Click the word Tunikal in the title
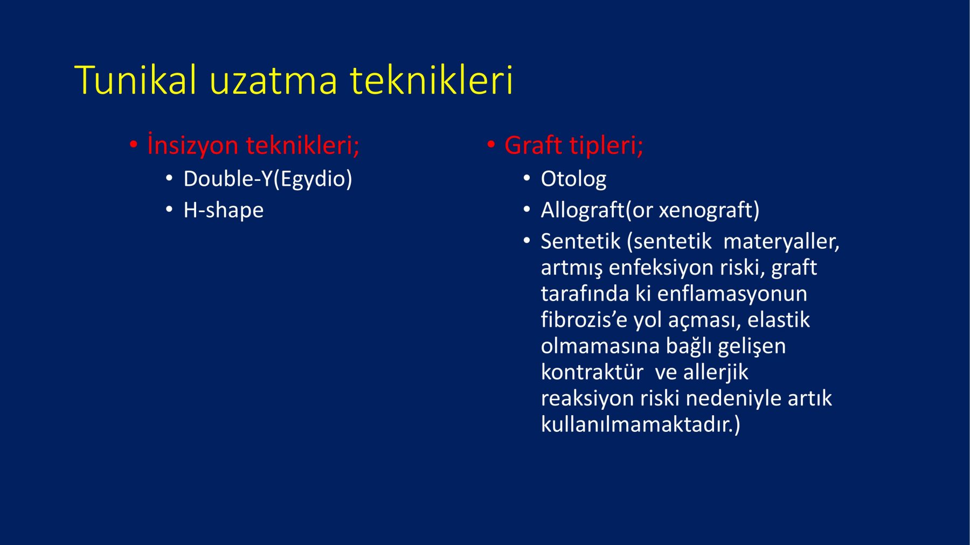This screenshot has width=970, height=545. (136, 80)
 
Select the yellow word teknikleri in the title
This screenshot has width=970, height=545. (432, 80)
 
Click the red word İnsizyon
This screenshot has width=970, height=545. (192, 144)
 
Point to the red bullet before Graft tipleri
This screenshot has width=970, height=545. (491, 144)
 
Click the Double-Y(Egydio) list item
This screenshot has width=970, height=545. (268, 179)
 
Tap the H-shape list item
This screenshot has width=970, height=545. (224, 209)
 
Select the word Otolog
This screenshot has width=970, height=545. (573, 179)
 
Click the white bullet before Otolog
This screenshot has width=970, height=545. (527, 178)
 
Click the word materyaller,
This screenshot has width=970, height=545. (781, 241)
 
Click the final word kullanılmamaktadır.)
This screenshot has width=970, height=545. (641, 424)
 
